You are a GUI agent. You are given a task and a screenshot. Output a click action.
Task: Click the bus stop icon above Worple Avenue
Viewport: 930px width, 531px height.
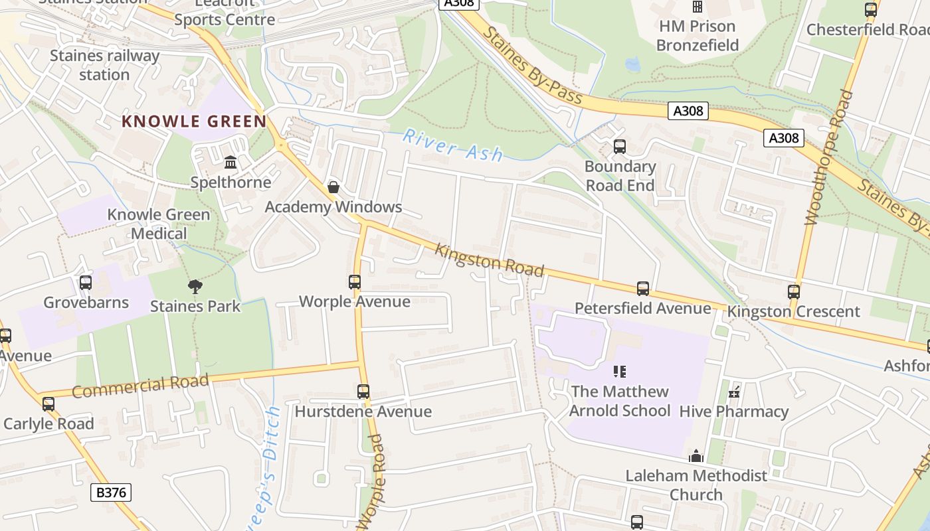tap(355, 282)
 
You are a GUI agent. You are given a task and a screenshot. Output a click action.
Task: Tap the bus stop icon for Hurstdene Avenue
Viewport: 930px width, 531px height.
tap(363, 392)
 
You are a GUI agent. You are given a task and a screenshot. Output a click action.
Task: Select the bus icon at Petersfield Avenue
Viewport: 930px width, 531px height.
tap(642, 289)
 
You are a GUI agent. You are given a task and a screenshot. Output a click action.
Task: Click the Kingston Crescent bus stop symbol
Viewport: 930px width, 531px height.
tap(793, 292)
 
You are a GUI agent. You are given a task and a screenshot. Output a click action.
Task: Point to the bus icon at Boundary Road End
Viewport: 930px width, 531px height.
tap(620, 147)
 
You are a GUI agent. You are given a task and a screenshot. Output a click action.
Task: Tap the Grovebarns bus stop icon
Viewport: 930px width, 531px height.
tap(85, 283)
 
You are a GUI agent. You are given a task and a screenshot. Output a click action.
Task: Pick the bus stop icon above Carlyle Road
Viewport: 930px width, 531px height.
tap(48, 404)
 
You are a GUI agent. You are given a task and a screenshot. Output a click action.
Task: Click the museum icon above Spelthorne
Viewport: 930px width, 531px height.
tap(231, 163)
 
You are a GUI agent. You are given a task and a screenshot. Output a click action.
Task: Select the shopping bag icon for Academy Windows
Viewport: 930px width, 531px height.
tap(333, 187)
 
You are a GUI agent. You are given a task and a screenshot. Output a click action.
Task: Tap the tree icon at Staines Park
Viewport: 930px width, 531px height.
tap(195, 287)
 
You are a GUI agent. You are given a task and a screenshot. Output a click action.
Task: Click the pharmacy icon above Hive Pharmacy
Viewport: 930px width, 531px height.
tap(734, 392)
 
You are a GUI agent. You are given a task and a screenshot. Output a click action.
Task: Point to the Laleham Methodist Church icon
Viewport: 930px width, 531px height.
tap(696, 456)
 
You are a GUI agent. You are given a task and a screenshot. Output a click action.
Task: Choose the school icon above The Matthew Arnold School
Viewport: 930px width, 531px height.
tap(620, 372)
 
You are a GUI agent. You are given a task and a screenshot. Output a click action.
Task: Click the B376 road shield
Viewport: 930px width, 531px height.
tap(110, 492)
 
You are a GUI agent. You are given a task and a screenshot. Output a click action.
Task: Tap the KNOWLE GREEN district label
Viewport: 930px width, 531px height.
tap(194, 121)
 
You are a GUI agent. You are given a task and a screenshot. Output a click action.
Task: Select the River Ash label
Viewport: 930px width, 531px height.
tap(453, 145)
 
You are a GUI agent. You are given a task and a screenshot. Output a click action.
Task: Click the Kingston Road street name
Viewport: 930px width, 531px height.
tap(490, 260)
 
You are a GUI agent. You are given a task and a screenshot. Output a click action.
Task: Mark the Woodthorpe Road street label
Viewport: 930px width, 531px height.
tap(828, 158)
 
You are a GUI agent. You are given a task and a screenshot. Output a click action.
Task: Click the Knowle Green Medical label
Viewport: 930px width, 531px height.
tap(159, 224)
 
